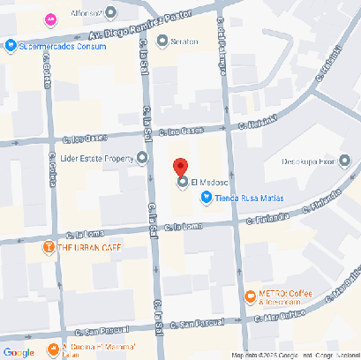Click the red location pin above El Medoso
(181, 166)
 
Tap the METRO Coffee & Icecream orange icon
(250, 297)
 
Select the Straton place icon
(162, 40)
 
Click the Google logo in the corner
(19, 351)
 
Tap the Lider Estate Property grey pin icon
(143, 159)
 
